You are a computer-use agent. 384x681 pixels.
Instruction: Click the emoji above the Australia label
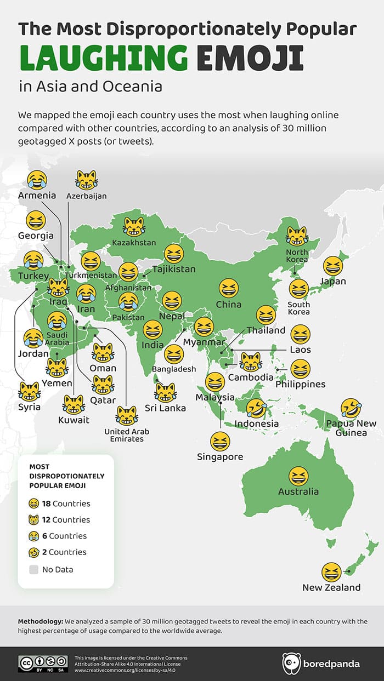298,476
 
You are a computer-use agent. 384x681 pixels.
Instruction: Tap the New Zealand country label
331,588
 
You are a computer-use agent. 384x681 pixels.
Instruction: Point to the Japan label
333,282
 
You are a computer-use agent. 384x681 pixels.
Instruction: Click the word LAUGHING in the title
103,59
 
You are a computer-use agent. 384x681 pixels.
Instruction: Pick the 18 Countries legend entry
60,503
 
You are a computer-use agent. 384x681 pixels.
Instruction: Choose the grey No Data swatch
34,569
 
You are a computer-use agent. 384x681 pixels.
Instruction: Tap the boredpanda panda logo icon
291,663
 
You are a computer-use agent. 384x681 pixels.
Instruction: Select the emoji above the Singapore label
220,441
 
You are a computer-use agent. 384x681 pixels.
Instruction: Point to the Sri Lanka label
165,408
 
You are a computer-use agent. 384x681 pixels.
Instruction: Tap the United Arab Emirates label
127,435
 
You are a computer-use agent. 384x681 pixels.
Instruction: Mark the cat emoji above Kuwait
73,404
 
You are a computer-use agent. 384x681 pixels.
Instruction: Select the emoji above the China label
229,288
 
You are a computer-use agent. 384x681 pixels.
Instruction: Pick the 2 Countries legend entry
60,552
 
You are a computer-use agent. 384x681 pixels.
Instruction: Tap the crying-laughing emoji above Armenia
37,179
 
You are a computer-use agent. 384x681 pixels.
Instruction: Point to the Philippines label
300,384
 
